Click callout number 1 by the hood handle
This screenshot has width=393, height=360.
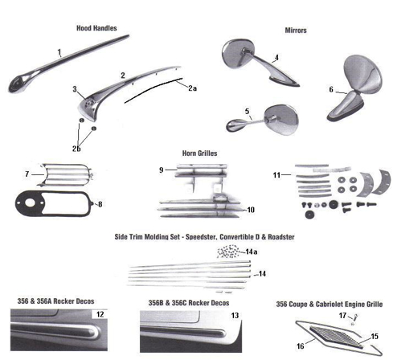pyautogui.click(x=59, y=51)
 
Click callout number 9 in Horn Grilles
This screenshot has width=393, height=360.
pyautogui.click(x=161, y=170)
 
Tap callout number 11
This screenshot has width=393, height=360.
pyautogui.click(x=276, y=173)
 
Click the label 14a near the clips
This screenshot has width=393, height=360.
pyautogui.click(x=251, y=252)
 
